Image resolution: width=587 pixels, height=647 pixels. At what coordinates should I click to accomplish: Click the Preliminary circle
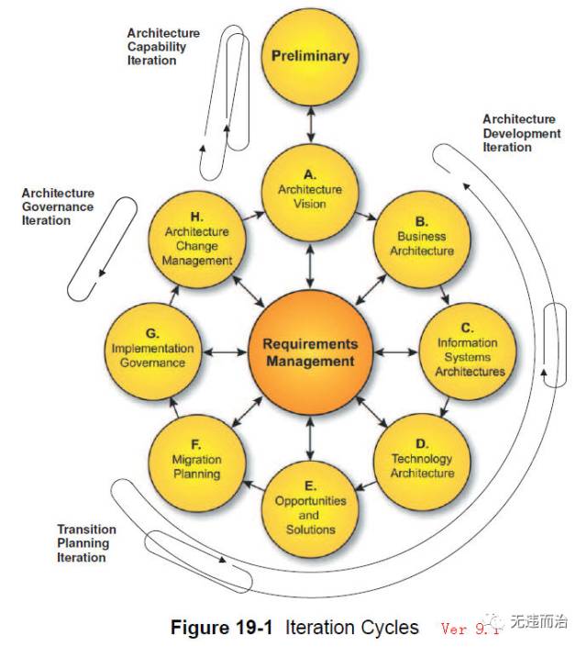pyautogui.click(x=310, y=57)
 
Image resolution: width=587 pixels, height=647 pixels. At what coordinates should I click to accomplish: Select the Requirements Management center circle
pyautogui.click(x=310, y=352)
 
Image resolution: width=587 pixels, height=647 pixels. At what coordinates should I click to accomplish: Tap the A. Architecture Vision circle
pyautogui.click(x=310, y=193)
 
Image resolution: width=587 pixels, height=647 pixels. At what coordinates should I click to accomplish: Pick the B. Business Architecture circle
pyautogui.click(x=422, y=240)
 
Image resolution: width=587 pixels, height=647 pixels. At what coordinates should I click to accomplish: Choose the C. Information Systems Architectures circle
pyautogui.click(x=468, y=351)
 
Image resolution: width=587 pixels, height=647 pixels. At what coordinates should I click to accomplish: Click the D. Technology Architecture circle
pyautogui.click(x=422, y=463)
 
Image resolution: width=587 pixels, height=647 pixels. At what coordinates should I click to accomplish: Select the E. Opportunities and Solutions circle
pyautogui.click(x=310, y=509)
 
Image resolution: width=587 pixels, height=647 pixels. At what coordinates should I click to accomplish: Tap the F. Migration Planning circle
pyautogui.click(x=197, y=463)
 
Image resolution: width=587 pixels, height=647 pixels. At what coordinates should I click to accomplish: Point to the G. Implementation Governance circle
pyautogui.click(x=153, y=351)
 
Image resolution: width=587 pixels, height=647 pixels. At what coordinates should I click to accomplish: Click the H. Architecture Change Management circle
pyautogui.click(x=197, y=240)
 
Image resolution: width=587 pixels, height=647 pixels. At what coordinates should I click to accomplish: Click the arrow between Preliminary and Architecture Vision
pyautogui.click(x=311, y=125)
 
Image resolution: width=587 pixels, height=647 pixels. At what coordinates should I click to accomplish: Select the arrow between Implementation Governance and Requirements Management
pyautogui.click(x=225, y=352)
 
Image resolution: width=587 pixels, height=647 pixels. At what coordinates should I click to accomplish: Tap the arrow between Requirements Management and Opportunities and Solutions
pyautogui.click(x=310, y=438)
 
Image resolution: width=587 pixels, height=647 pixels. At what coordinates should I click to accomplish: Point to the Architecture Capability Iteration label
pyautogui.click(x=163, y=47)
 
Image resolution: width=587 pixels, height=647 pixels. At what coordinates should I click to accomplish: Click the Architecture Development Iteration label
pyautogui.click(x=521, y=133)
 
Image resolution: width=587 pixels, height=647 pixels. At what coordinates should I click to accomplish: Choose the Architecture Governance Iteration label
pyautogui.click(x=58, y=206)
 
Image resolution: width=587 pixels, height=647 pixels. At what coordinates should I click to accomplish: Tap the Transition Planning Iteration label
pyautogui.click(x=86, y=543)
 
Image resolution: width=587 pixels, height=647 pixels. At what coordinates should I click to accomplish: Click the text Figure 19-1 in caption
pyautogui.click(x=222, y=627)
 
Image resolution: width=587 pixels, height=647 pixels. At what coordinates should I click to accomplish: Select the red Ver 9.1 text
pyautogui.click(x=470, y=629)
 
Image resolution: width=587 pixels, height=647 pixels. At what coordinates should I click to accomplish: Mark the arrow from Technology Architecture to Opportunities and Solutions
pyautogui.click(x=366, y=485)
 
